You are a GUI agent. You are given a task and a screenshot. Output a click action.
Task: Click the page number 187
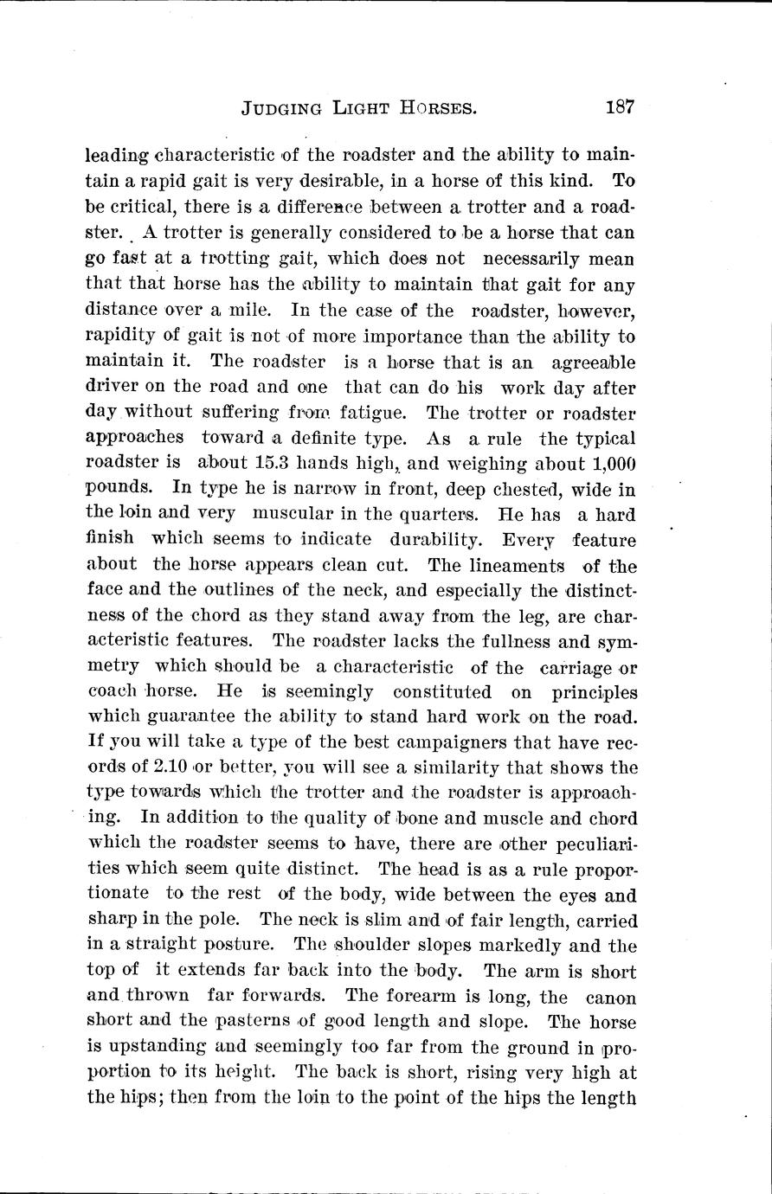point(621,108)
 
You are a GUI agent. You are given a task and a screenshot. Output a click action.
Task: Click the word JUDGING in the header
point(283,109)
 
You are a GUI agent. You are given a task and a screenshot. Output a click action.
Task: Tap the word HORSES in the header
point(434,109)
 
